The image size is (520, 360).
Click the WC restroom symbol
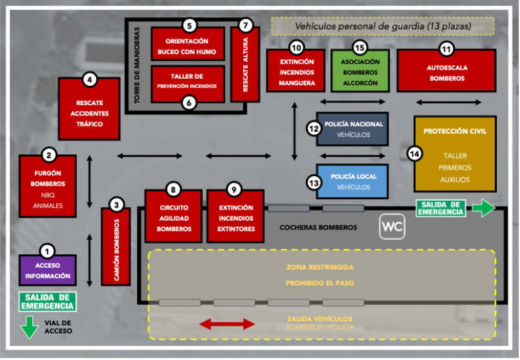coord(392,227)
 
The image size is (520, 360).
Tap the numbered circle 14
coord(415,154)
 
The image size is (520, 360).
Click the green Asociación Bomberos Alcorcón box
coord(361,72)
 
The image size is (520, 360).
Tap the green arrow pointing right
coord(483,208)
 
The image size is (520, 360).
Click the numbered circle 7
coord(245,26)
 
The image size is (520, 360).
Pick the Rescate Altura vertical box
coord(245,68)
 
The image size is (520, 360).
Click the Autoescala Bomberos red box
coord(446,72)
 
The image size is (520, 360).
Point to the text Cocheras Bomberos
coord(318,228)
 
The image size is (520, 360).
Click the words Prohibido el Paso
coord(320,283)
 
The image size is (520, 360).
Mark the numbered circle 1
coord(47,250)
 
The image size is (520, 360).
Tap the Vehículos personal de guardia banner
coord(383,26)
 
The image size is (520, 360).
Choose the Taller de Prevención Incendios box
coord(187,82)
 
